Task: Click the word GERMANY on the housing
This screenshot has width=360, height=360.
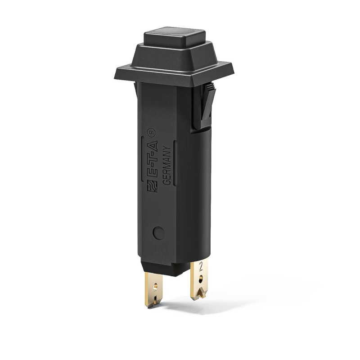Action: click(x=165, y=166)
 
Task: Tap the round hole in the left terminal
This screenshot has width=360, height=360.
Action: click(x=156, y=285)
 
